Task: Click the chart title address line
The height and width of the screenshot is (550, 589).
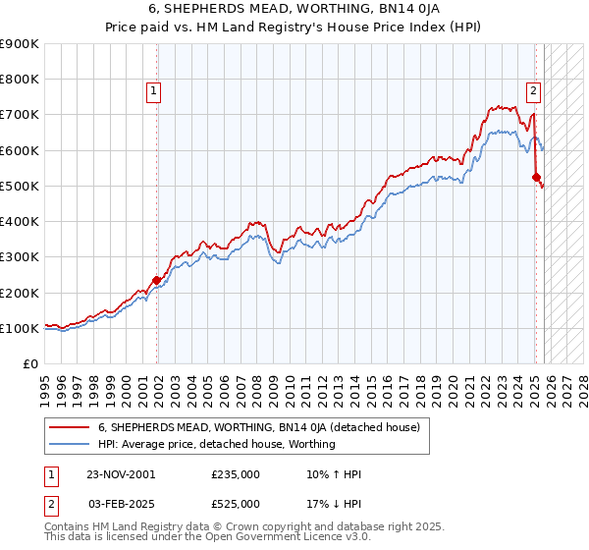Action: pyautogui.click(x=294, y=9)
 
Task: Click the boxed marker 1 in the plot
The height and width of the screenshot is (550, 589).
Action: pyautogui.click(x=154, y=92)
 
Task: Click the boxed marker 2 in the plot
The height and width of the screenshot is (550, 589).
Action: pyautogui.click(x=533, y=92)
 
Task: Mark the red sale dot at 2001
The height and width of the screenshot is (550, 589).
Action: pyautogui.click(x=156, y=280)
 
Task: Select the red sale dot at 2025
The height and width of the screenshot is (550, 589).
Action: pyautogui.click(x=536, y=178)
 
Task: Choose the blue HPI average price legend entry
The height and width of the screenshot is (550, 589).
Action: pyautogui.click(x=216, y=444)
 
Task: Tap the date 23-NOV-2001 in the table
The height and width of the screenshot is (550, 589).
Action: pyautogui.click(x=120, y=474)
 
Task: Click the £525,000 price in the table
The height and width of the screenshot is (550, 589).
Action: pyautogui.click(x=236, y=504)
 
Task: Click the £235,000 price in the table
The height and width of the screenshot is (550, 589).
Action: pyautogui.click(x=236, y=474)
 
